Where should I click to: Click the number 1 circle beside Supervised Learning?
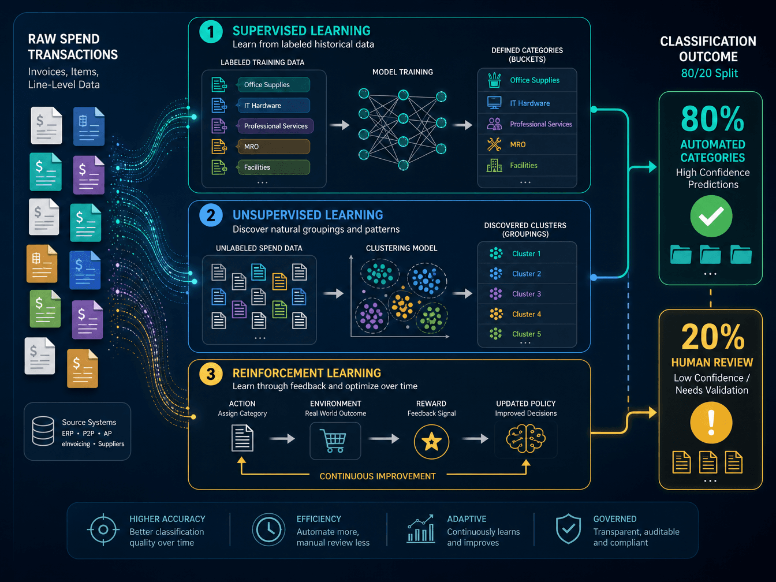[x=211, y=32]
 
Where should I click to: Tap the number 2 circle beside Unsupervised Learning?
[x=211, y=215]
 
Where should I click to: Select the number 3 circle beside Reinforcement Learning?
[x=211, y=374]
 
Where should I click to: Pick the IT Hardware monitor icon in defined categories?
[x=494, y=103]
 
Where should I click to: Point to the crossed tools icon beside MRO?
[x=494, y=144]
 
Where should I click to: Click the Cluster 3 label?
[x=527, y=294]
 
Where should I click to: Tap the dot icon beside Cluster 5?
[x=495, y=334]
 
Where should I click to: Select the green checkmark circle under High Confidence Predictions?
[x=711, y=217]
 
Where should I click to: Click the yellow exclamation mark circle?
[x=711, y=423]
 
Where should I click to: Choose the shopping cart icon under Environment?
[x=335, y=441]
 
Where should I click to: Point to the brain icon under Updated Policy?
[x=525, y=439]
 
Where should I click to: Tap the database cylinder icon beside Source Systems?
[x=43, y=431]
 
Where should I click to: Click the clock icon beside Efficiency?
[x=268, y=529]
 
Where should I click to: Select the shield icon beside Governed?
[x=568, y=529]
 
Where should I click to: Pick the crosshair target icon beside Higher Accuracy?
[x=103, y=529]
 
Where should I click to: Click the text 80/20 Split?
[x=709, y=73]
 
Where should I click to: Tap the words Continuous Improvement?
[x=377, y=476]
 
